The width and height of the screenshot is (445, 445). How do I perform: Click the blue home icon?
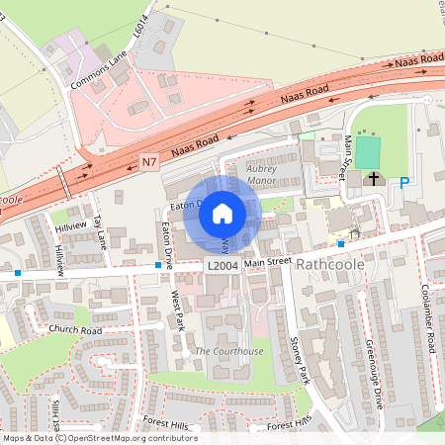pyautogui.click(x=222, y=214)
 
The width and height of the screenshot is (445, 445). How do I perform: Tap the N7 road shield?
pyautogui.click(x=149, y=161)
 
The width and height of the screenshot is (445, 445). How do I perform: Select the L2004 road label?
pyautogui.click(x=222, y=267)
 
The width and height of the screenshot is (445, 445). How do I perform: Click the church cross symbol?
pyautogui.click(x=374, y=179)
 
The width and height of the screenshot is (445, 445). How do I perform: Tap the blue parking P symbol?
pyautogui.click(x=403, y=182)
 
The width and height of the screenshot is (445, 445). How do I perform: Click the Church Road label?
pyautogui.click(x=75, y=330)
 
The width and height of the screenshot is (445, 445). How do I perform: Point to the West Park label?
pyautogui.click(x=178, y=308)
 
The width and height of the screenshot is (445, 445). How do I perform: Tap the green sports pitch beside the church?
pyautogui.click(x=368, y=152)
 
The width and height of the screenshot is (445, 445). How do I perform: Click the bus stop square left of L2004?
pyautogui.click(x=158, y=265)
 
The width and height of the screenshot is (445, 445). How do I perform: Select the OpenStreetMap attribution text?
pyautogui.click(x=99, y=438)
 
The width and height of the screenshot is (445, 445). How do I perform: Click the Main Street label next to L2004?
pyautogui.click(x=268, y=261)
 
